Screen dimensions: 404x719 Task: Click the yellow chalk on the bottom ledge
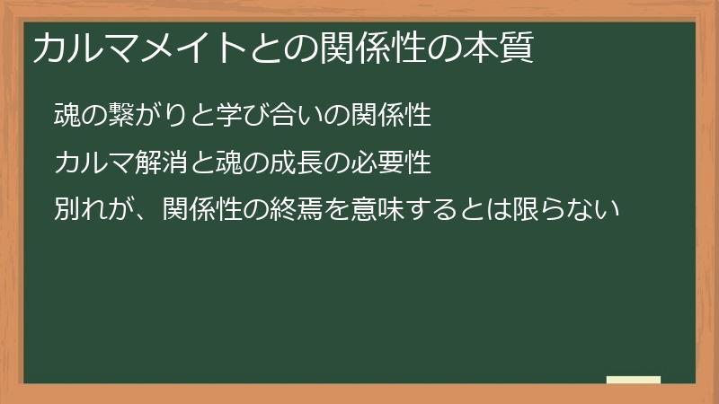(x=634, y=380)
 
